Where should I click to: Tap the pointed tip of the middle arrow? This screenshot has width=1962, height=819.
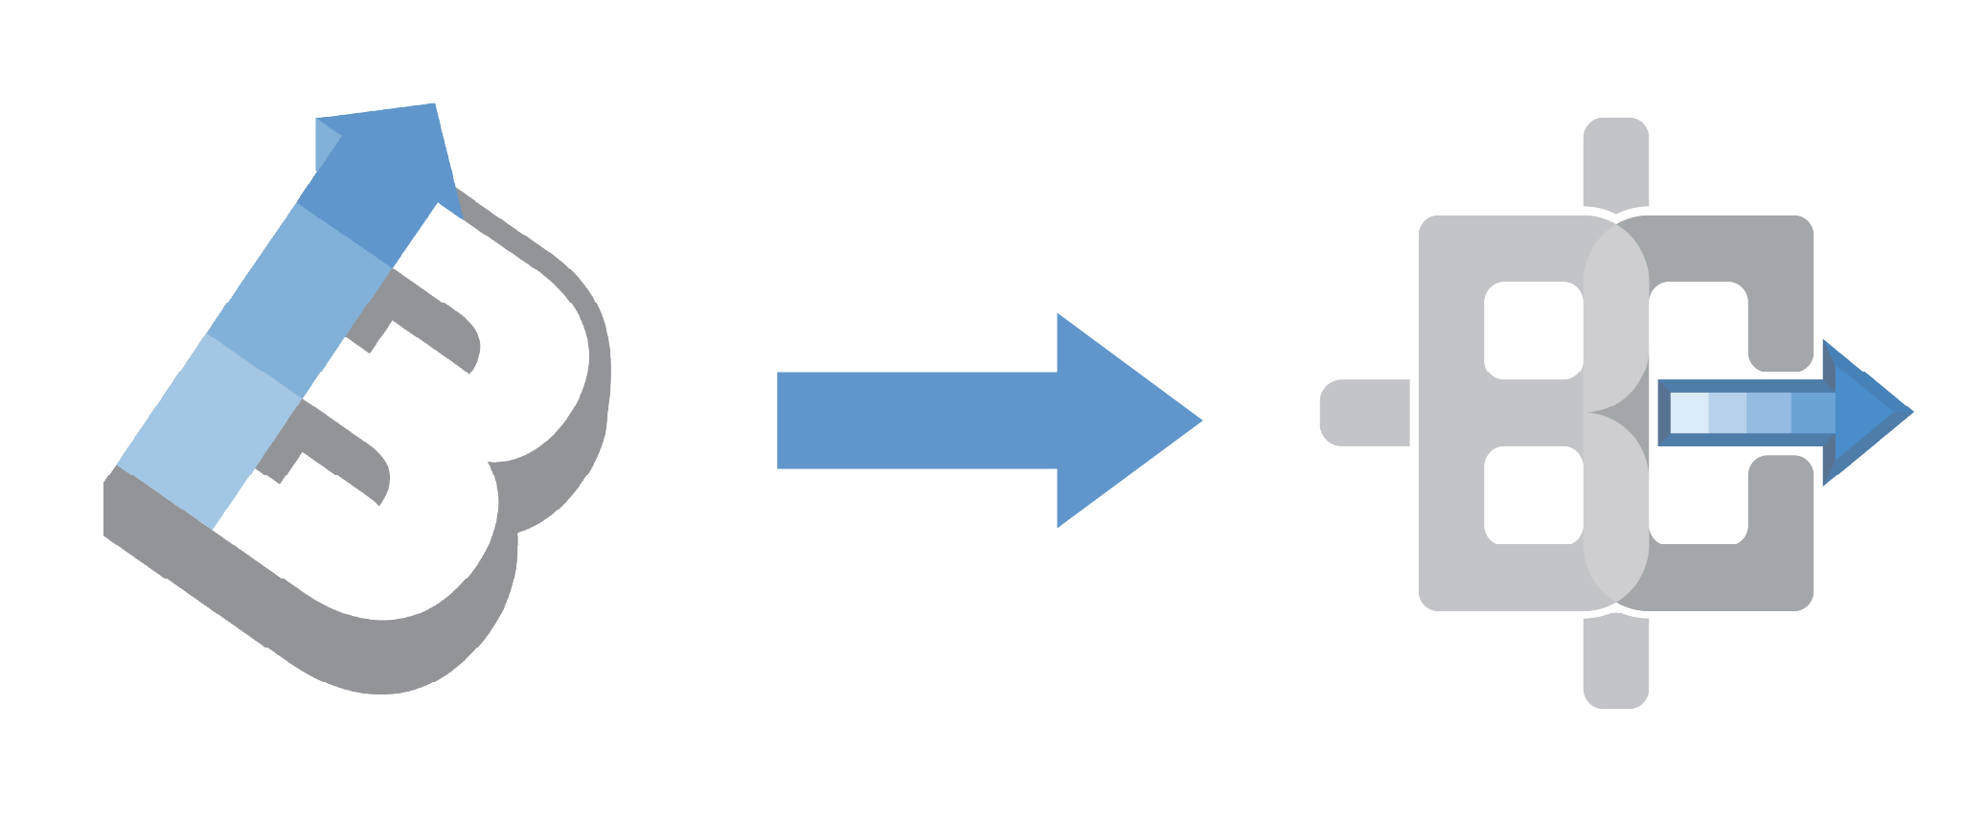point(1202,420)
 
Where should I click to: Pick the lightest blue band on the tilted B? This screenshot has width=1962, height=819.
point(209,431)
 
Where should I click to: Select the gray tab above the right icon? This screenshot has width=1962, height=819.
point(1616,161)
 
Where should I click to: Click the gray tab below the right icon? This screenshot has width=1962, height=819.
point(1616,663)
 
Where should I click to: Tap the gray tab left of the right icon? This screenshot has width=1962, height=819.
point(1365,413)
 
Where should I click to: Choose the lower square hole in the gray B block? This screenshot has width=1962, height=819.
point(1533,495)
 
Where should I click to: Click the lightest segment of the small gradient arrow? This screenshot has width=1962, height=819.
point(1689,413)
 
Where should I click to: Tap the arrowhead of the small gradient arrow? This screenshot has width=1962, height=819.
point(1866,413)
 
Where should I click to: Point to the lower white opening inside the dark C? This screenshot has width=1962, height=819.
point(1698,498)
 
